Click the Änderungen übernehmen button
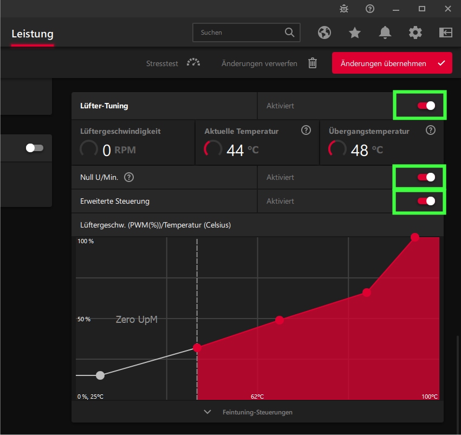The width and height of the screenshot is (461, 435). pyautogui.click(x=392, y=63)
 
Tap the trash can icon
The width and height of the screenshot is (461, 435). pyautogui.click(x=313, y=63)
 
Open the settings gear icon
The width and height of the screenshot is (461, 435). pyautogui.click(x=415, y=33)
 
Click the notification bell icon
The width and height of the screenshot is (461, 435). pyautogui.click(x=385, y=33)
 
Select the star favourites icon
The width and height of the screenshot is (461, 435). pyautogui.click(x=355, y=33)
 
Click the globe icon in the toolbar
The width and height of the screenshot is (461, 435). pyautogui.click(x=324, y=33)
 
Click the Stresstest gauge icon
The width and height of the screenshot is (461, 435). pyautogui.click(x=193, y=63)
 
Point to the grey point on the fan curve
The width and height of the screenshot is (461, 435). pyautogui.click(x=100, y=375)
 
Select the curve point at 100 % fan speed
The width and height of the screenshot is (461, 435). pyautogui.click(x=415, y=237)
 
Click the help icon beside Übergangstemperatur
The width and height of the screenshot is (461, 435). pyautogui.click(x=431, y=130)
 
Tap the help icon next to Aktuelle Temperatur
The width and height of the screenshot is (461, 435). pyautogui.click(x=306, y=130)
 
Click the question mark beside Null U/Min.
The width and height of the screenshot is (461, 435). pyautogui.click(x=129, y=177)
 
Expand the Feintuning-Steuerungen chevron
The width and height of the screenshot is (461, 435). pyautogui.click(x=207, y=412)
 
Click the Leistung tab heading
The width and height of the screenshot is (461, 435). pyautogui.click(x=33, y=34)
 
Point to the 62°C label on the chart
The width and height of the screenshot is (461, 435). pyautogui.click(x=257, y=397)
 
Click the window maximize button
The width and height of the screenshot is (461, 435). pyautogui.click(x=422, y=8)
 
